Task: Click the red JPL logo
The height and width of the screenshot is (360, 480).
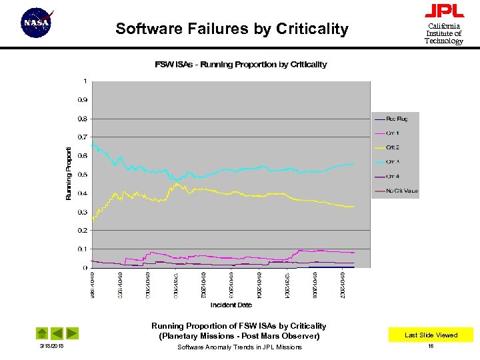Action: click(x=444, y=11)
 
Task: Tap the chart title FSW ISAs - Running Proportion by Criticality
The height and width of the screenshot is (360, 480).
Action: click(x=241, y=65)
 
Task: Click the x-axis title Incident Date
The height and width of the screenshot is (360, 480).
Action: click(x=231, y=305)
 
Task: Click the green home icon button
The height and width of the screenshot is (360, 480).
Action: click(x=41, y=333)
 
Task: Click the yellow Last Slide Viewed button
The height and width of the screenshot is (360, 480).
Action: click(x=431, y=335)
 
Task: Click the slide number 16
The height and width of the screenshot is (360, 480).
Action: click(x=431, y=347)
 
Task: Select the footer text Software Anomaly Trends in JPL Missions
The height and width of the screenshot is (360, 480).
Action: click(x=239, y=347)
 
